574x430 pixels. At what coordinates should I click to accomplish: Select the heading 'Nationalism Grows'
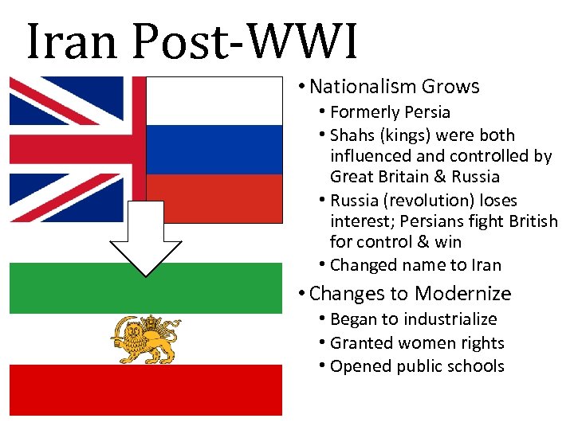[x=394, y=87]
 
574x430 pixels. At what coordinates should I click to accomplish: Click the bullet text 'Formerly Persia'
[x=390, y=112]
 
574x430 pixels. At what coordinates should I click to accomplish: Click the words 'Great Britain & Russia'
[x=414, y=177]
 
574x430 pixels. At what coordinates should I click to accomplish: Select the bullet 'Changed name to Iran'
[x=415, y=265]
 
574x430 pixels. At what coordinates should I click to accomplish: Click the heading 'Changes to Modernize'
[x=410, y=294]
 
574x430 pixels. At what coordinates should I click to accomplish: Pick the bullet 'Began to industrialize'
[x=413, y=319]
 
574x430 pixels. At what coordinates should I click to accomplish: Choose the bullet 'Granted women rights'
[x=417, y=343]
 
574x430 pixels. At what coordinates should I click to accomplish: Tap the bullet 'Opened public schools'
[x=417, y=366]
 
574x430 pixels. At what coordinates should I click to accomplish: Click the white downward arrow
[x=145, y=239]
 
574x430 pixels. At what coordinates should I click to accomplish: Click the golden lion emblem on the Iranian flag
[x=146, y=338]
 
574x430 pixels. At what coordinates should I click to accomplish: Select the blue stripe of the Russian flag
[x=214, y=149]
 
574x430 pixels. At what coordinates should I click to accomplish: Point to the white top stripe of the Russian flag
[x=214, y=100]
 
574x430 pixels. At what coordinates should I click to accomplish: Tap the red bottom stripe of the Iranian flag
[x=145, y=390]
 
